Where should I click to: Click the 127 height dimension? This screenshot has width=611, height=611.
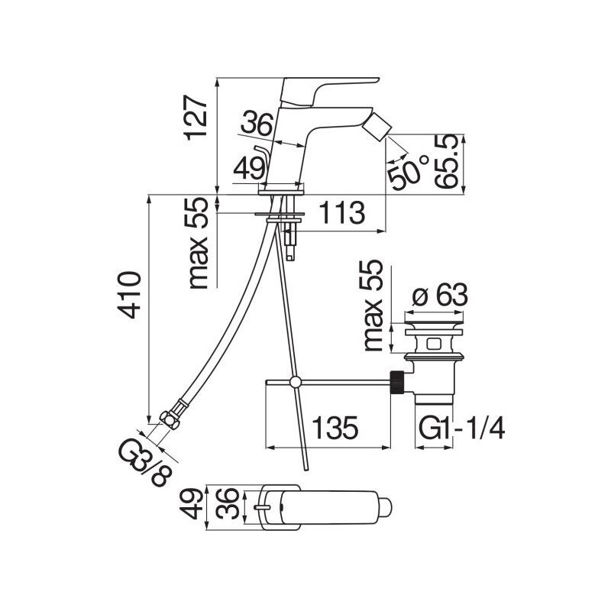pyautogui.click(x=196, y=118)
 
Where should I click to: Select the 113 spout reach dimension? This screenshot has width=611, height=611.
pyautogui.click(x=342, y=213)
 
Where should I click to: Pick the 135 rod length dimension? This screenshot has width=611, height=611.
pyautogui.click(x=335, y=428)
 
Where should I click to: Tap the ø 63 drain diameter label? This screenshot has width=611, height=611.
pyautogui.click(x=440, y=295)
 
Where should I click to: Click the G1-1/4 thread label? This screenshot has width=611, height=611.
pyautogui.click(x=462, y=428)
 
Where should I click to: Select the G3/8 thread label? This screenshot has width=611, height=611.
pyautogui.click(x=144, y=462)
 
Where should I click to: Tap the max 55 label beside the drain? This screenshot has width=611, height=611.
pyautogui.click(x=372, y=305)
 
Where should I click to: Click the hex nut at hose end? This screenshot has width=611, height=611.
pyautogui.click(x=170, y=419)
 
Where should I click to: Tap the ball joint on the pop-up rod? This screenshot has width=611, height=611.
pyautogui.click(x=296, y=382)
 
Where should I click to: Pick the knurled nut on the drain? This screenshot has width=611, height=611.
pyautogui.click(x=396, y=382)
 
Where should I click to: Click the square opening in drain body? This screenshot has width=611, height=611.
pyautogui.click(x=433, y=344)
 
